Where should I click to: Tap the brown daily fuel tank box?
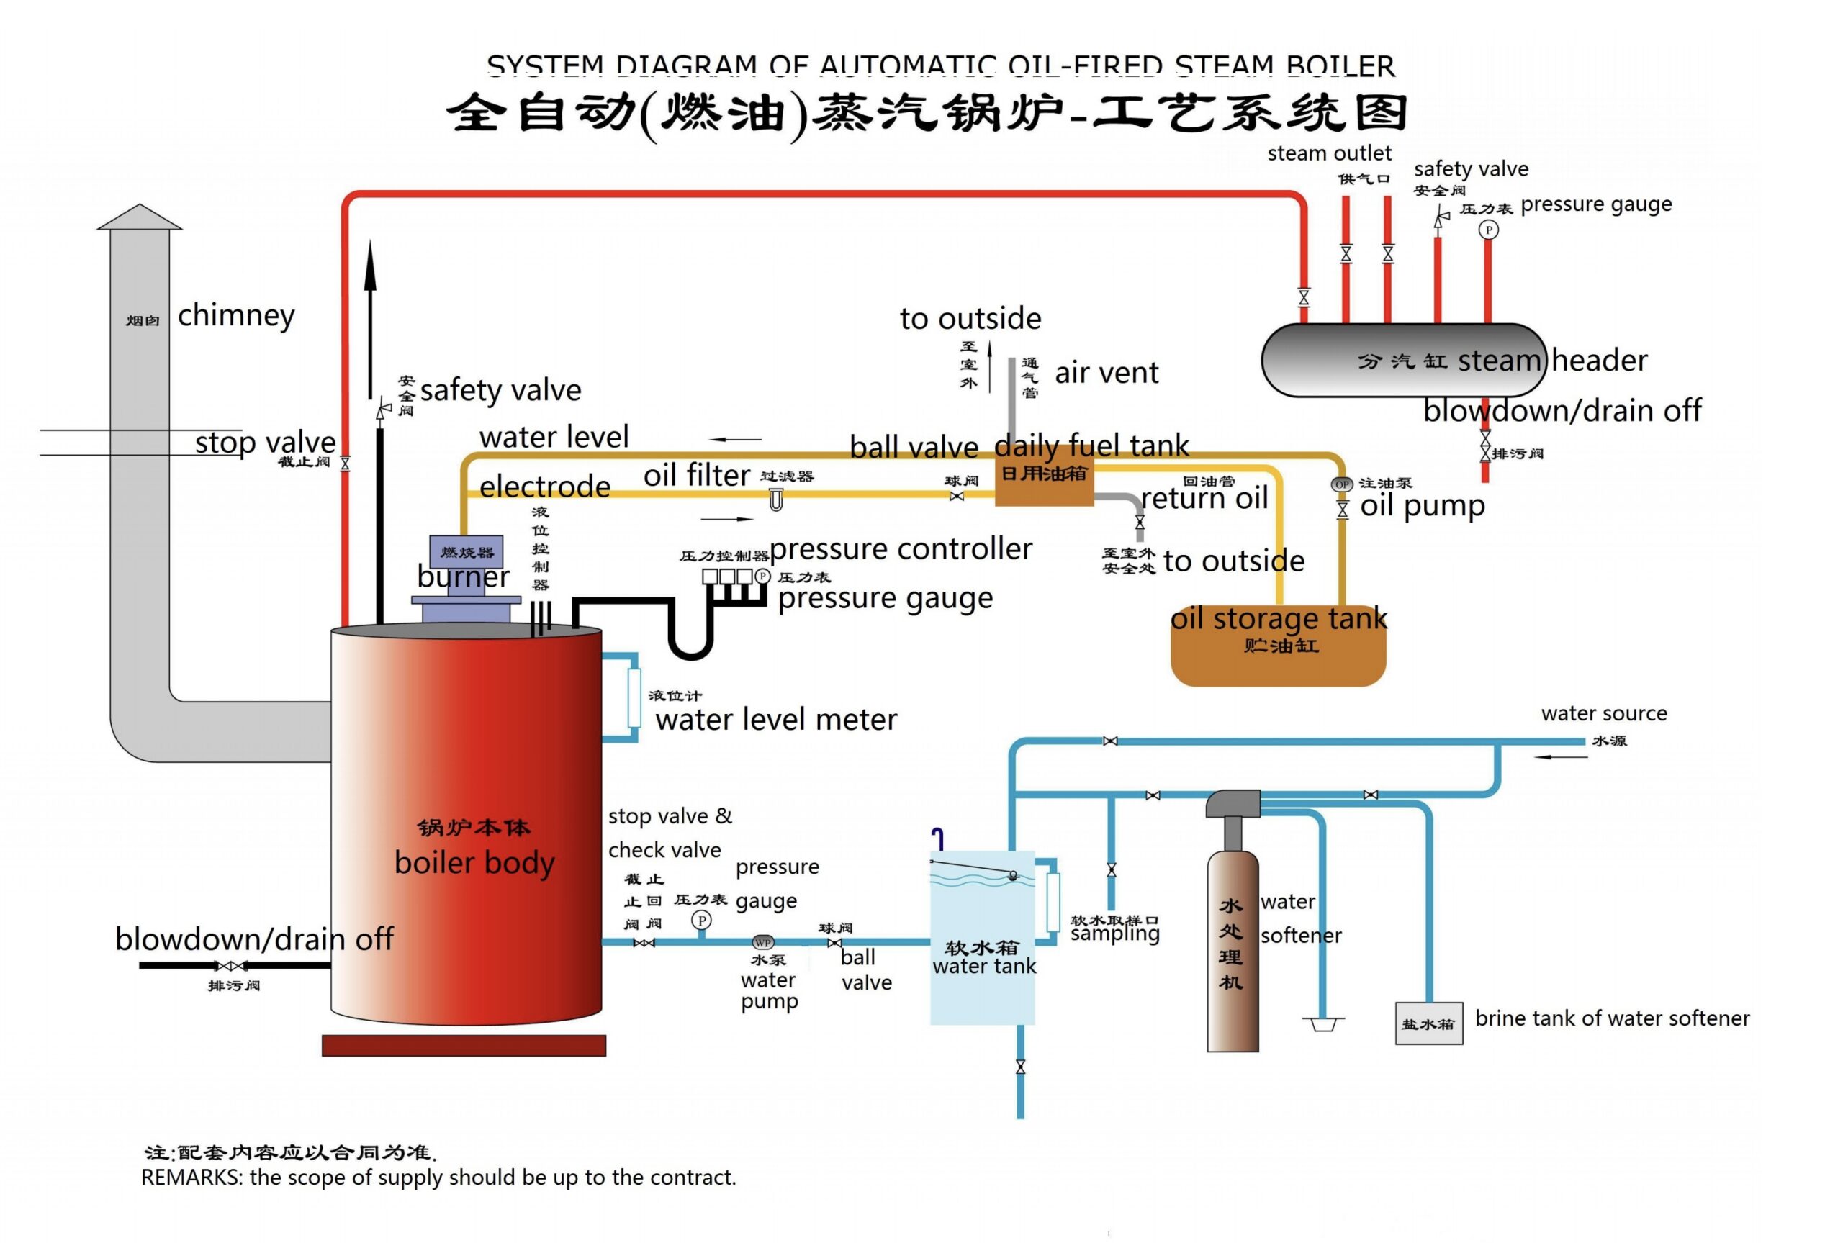coord(1043,482)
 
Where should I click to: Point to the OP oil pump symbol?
coord(1341,484)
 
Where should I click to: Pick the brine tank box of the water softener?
coord(1428,1023)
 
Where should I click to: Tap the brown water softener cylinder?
coord(1232,952)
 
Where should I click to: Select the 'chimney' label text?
coord(235,315)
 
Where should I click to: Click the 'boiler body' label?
coord(474,862)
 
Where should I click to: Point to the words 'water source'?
coord(1603,713)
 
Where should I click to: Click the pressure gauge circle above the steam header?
coord(1488,230)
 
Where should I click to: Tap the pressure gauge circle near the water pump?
coord(700,921)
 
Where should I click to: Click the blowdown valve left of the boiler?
coord(230,966)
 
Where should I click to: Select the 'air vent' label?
coord(1106,373)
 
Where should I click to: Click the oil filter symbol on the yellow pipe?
coord(776,500)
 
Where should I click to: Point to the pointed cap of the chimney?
coord(140,217)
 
